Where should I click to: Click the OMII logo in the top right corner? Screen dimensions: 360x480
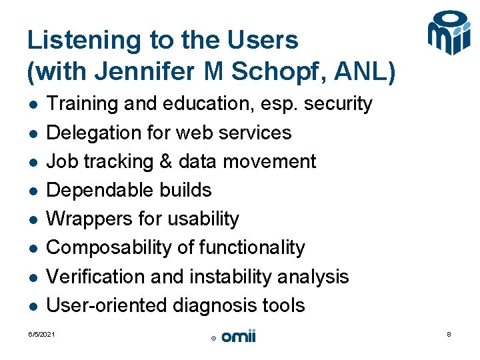(x=449, y=33)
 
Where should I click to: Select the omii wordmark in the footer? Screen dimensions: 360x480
(x=238, y=337)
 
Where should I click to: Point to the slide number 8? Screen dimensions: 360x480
(x=449, y=334)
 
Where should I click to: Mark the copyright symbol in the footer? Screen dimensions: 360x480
(x=213, y=339)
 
